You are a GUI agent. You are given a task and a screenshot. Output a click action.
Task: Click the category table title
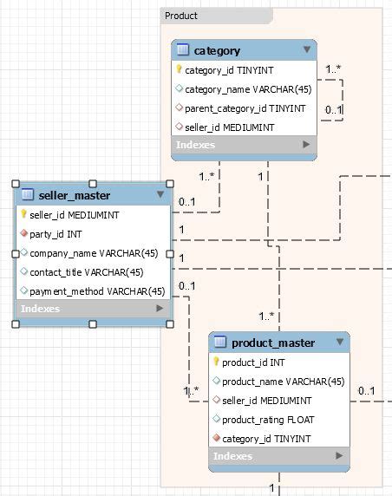[217, 51]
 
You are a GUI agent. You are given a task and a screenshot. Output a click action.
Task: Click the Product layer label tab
[181, 16]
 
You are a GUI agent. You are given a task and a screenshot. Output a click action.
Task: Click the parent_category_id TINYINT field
[245, 108]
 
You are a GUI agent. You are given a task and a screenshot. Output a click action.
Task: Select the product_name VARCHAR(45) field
[283, 382]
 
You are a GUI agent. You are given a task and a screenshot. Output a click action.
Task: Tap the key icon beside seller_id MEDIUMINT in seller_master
[23, 214]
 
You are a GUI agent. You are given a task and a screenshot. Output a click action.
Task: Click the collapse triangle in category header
[306, 50]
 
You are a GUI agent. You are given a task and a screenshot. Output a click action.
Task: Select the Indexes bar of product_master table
[278, 456]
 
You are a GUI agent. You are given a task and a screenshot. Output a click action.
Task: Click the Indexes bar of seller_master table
[92, 309]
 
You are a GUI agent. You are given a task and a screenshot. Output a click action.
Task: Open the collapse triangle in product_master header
[340, 343]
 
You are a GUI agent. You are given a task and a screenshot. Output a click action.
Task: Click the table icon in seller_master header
[27, 194]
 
